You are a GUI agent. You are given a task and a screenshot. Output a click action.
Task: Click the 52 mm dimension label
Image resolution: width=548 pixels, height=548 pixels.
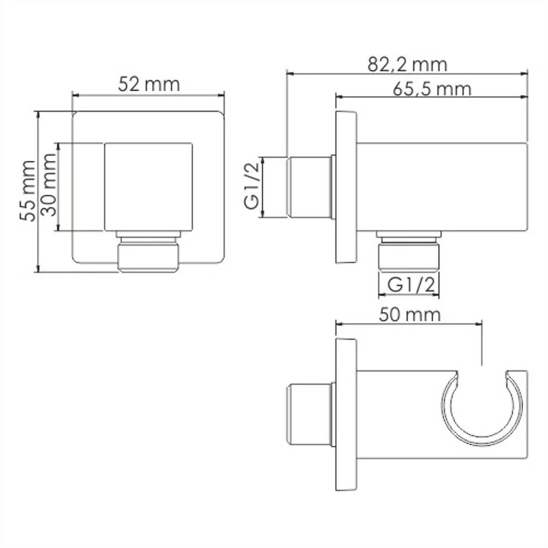(148, 84)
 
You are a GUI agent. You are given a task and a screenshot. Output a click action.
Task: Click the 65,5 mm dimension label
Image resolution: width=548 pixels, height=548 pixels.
(432, 89)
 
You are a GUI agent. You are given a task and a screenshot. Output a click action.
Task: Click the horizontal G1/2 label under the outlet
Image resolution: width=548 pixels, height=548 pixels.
(408, 283)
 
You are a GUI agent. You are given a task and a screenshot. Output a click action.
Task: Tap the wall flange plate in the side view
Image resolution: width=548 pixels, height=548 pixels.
(345, 186)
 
